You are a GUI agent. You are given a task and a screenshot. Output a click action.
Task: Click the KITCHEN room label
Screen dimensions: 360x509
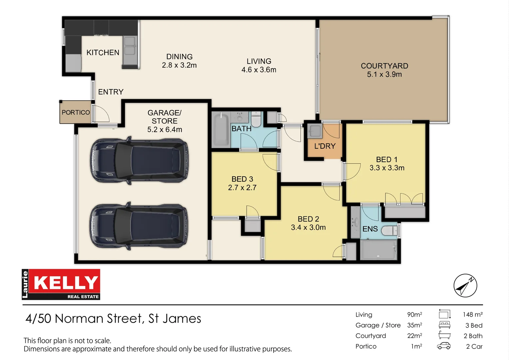coord(103,53)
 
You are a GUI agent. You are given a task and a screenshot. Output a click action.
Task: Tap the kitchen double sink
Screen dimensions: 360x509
coord(130,46)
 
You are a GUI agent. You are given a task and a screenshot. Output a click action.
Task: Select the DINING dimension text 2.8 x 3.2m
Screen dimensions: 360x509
coord(179,65)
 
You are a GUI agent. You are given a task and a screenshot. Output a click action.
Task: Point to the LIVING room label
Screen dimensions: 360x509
coord(259,61)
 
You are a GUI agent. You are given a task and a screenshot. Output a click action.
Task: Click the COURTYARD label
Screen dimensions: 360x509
coord(384,66)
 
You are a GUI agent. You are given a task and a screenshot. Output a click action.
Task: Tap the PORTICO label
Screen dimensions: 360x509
coord(76,113)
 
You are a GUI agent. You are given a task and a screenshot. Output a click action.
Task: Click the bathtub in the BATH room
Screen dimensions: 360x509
coord(221,129)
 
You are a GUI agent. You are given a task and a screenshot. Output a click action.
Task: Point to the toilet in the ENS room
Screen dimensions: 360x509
coord(389,230)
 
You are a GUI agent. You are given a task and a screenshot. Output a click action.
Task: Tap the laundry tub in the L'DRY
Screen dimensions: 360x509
coord(314,131)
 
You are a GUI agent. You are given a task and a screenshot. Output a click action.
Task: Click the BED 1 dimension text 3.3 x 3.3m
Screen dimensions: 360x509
coord(387,168)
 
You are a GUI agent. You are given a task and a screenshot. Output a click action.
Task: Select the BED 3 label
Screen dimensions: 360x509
coord(242,179)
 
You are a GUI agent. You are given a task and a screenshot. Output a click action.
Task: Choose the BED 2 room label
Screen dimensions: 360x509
coord(308,219)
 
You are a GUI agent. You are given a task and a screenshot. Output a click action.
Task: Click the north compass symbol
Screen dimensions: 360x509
coord(465,286)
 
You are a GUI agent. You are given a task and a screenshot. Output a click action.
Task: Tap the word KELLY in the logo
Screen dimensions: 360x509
coord(66,283)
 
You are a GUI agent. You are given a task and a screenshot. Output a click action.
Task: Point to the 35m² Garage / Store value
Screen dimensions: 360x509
coord(414,325)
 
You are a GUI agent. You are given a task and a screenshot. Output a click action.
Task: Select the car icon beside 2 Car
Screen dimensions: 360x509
coord(444,346)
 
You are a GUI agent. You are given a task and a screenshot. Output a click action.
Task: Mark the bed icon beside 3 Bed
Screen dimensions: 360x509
coord(444,325)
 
